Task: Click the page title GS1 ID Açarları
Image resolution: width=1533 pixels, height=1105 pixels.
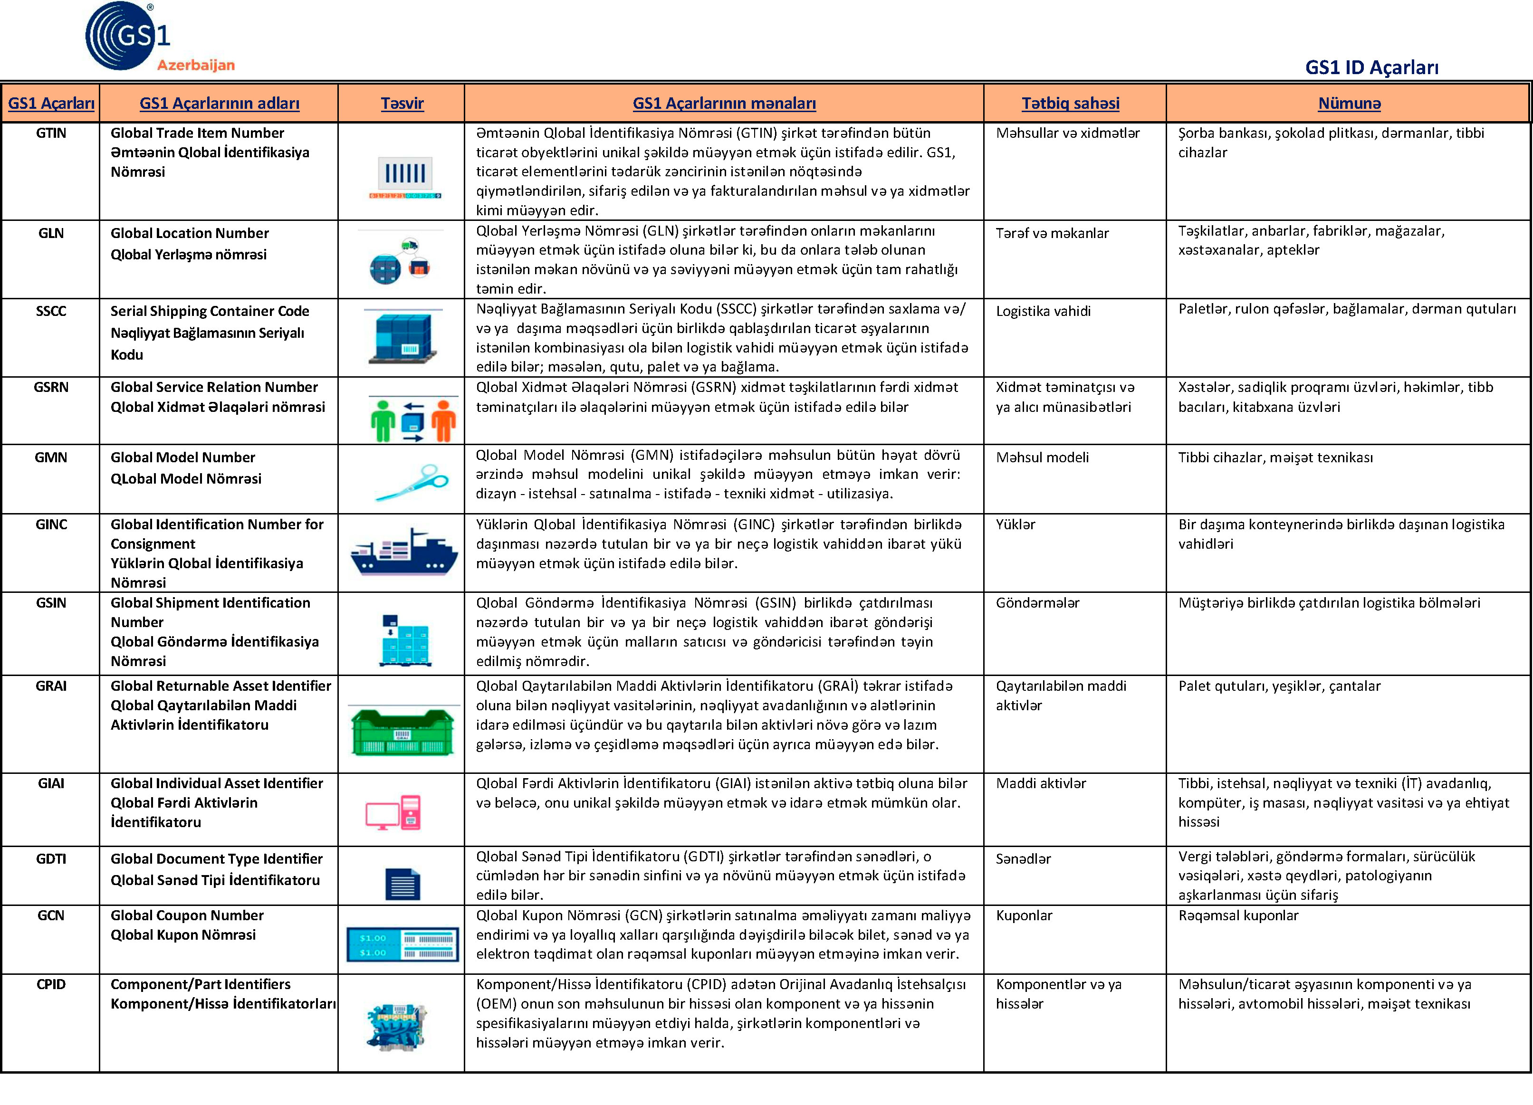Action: tap(1371, 67)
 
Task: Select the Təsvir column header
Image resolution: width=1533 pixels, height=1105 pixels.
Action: tap(402, 104)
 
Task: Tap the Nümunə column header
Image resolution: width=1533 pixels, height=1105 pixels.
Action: tap(1349, 104)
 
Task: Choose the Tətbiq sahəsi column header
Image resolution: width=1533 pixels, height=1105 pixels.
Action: tap(1070, 104)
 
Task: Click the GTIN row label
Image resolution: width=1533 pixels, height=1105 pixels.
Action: tap(51, 133)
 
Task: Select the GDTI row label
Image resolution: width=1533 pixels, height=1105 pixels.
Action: tap(51, 859)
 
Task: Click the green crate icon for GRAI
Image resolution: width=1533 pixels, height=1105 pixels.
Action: tap(402, 731)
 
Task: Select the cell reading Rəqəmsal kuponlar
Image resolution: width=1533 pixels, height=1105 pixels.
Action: tap(1238, 916)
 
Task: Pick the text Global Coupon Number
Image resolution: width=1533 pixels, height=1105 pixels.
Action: tap(187, 916)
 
